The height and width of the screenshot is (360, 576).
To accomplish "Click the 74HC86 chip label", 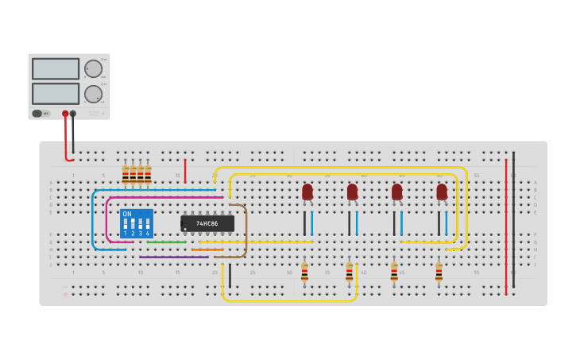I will (207, 224).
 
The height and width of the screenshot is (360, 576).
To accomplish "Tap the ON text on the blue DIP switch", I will (127, 214).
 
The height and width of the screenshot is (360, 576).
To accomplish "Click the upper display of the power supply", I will (56, 69).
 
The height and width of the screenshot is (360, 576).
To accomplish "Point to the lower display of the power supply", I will (56, 93).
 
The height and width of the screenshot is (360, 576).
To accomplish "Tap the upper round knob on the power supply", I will (93, 68).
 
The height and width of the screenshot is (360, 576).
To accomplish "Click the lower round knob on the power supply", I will (93, 94).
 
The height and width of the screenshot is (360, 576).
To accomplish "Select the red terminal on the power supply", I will (65, 114).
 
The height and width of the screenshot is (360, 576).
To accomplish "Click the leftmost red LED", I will (307, 192).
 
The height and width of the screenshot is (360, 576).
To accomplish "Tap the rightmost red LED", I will (442, 192).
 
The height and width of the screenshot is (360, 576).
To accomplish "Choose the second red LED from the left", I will (352, 192).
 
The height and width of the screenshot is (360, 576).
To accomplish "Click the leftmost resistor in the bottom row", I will (304, 273).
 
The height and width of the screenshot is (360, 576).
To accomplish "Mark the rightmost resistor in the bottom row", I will (439, 273).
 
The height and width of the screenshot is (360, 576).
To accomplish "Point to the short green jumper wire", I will (166, 242).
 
